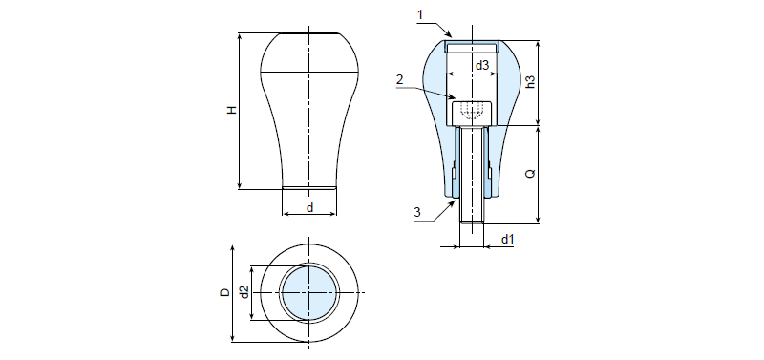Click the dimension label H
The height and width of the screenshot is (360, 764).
click(x=233, y=110)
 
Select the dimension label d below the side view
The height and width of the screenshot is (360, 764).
click(x=309, y=207)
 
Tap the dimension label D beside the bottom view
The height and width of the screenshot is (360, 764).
click(x=224, y=292)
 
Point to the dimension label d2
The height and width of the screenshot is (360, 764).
click(x=244, y=292)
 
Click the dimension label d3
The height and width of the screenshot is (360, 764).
click(x=482, y=65)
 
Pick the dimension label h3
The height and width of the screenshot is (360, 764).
click(x=531, y=82)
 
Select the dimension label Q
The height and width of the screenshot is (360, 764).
click(x=531, y=173)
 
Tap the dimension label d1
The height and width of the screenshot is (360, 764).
click(x=508, y=239)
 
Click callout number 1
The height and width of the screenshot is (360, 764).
click(x=420, y=14)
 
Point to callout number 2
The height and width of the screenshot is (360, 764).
click(x=399, y=80)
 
